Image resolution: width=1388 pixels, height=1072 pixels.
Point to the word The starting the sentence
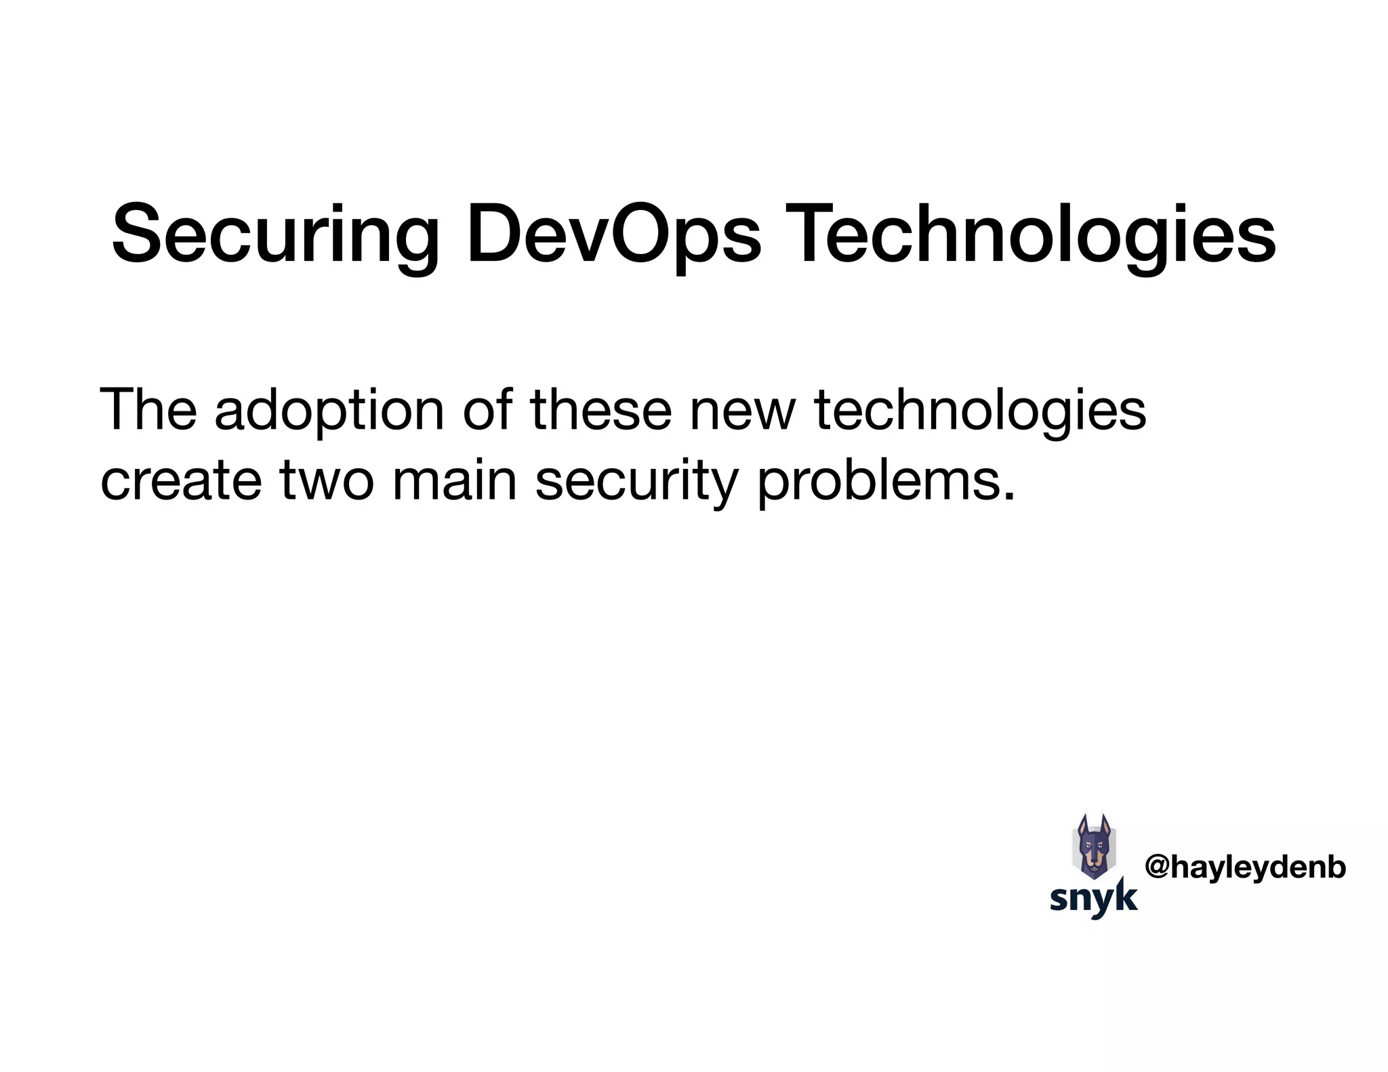[148, 409]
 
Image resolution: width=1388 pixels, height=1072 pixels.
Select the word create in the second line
[180, 480]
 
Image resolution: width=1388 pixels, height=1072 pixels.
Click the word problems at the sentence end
[878, 480]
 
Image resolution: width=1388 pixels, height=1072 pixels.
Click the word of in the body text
[487, 409]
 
